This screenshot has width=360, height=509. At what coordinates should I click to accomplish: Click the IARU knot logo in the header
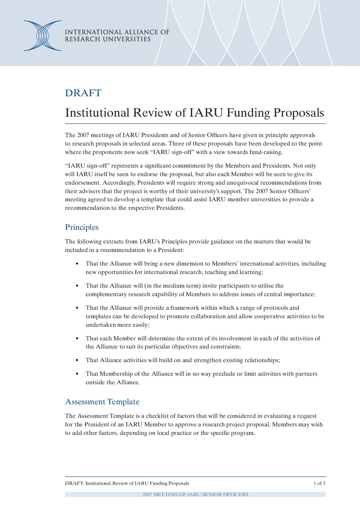(x=43, y=36)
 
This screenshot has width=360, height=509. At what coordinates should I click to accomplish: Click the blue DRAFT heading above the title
(x=83, y=93)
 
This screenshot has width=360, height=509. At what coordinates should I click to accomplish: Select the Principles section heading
(x=82, y=227)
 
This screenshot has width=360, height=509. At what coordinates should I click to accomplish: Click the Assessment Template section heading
(x=102, y=402)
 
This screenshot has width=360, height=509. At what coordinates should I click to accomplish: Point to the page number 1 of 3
(x=319, y=483)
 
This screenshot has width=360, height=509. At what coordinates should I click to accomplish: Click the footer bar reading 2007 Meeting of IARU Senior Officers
(x=195, y=494)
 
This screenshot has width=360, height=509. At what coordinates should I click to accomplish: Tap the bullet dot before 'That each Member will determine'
(x=78, y=339)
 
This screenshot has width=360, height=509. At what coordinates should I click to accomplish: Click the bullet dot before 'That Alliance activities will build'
(x=78, y=360)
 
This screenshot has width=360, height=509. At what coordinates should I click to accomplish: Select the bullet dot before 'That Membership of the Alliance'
(x=78, y=374)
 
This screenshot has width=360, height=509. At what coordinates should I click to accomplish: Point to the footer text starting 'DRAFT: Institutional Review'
(x=127, y=483)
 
